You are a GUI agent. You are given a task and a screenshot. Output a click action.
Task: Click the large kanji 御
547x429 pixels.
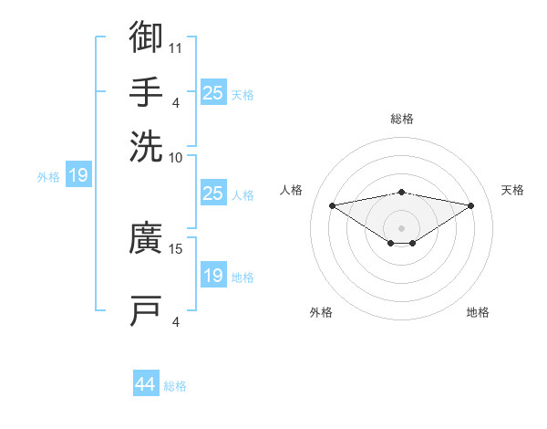coord(146,37)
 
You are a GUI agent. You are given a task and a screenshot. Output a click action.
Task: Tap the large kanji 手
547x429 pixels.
coord(146,91)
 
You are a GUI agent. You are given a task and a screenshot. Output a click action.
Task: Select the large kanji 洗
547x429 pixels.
coord(146,146)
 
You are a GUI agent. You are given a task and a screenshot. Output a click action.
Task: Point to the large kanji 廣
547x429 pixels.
coord(146,237)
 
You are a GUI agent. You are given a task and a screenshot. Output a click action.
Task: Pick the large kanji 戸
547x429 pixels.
coord(146,310)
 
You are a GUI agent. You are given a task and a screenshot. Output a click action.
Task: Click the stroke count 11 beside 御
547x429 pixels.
coord(175,48)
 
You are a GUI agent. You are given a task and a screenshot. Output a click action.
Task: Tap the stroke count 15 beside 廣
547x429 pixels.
coord(175,249)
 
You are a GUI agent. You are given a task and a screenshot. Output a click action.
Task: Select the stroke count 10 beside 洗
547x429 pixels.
coord(175,158)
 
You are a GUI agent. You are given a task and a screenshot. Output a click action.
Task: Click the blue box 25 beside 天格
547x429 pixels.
coord(213,92)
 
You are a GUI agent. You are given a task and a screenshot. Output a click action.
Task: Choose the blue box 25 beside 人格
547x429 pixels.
coord(213,193)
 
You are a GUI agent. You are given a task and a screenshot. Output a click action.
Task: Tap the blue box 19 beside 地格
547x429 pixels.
coord(213,274)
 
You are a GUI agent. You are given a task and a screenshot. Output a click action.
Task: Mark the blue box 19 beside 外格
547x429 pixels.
coord(78,174)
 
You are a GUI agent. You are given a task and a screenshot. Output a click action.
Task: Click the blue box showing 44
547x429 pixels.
coord(146,382)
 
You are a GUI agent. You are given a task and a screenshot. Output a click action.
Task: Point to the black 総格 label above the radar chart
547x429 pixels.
coord(402,119)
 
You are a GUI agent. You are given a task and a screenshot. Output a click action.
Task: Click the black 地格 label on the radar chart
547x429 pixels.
coord(478,312)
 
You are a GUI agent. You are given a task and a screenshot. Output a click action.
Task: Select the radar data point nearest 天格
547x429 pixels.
coord(471,205)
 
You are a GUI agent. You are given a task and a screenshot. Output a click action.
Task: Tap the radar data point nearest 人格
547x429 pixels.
coord(332,205)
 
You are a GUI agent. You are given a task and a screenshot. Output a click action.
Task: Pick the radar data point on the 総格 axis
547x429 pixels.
coord(401,193)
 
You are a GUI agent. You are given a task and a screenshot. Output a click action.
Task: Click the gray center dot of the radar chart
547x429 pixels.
coord(401,228)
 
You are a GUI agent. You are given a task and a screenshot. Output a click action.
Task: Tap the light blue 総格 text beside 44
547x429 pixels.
coord(175,386)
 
